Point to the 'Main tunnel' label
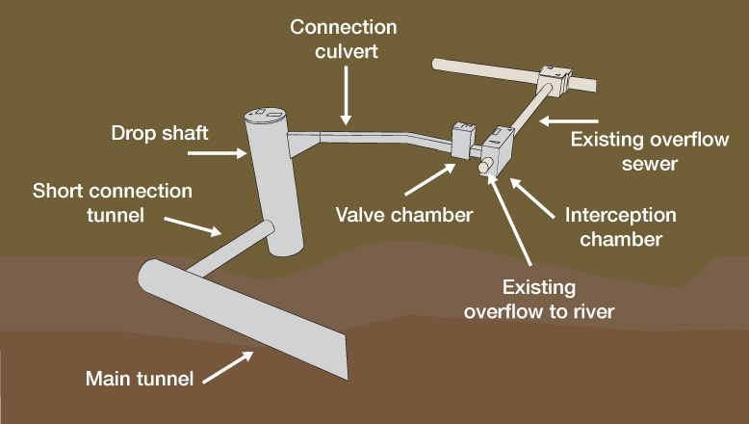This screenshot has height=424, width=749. (x=140, y=377)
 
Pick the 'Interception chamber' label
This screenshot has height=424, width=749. (x=620, y=226)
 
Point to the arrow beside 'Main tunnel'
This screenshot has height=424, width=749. (x=231, y=365)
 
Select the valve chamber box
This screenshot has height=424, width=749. (x=462, y=143)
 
